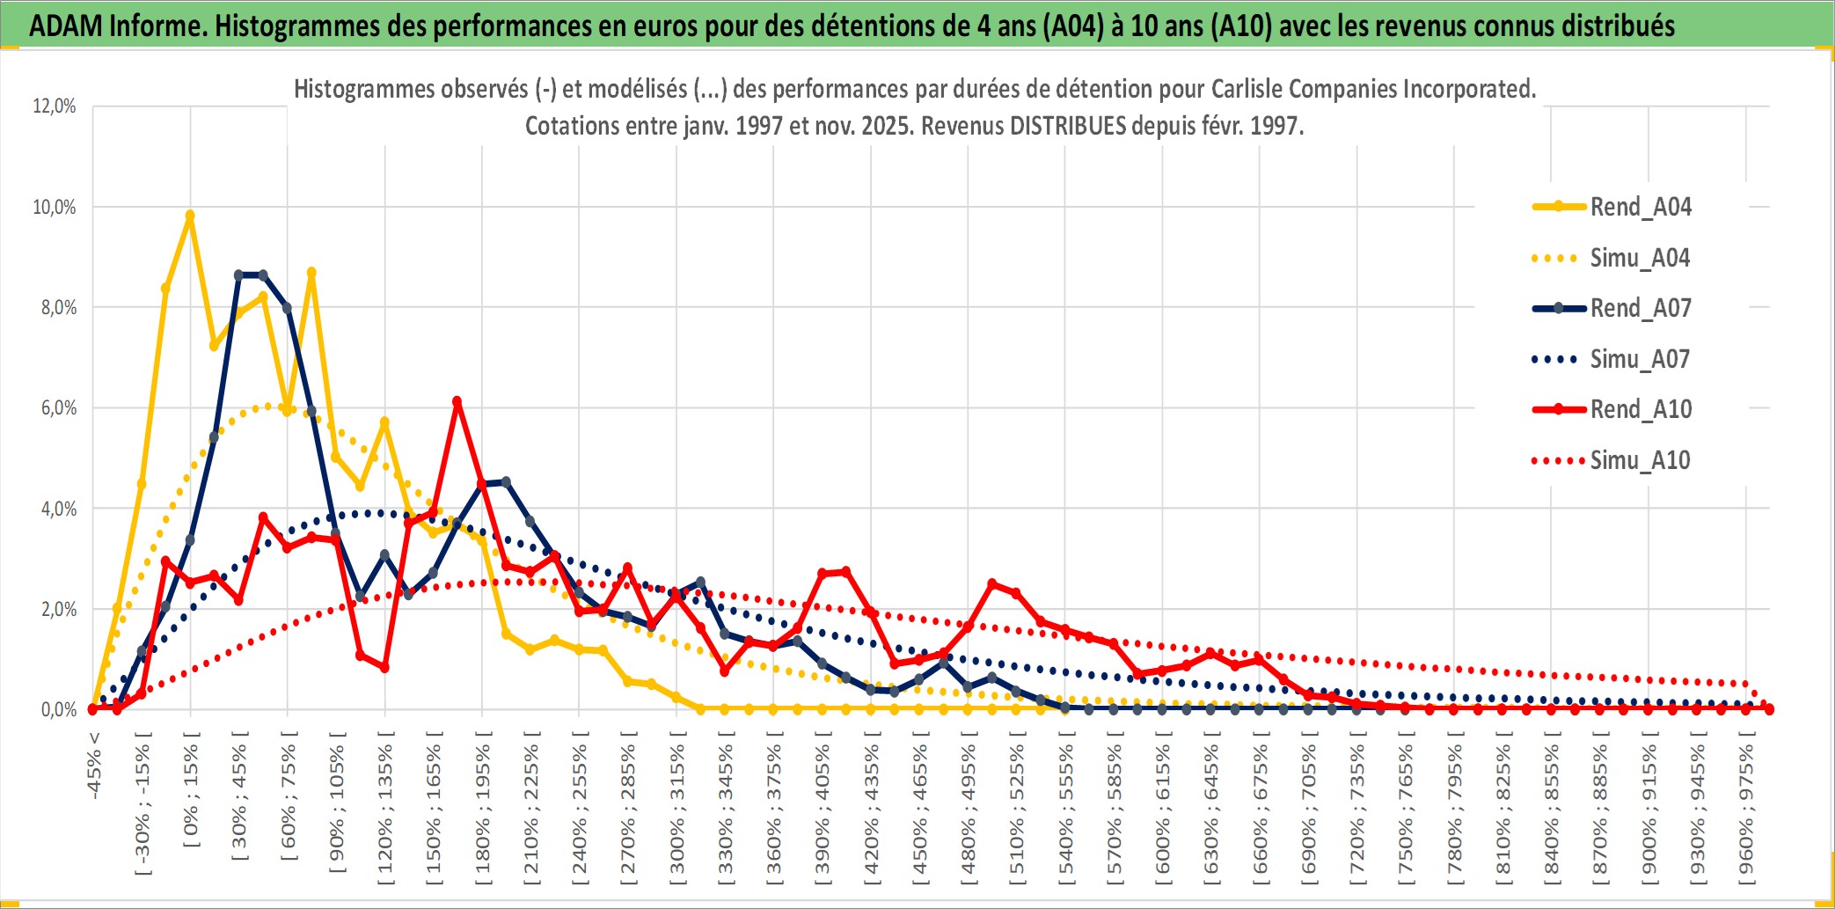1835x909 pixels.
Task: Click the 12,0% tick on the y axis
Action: [55, 106]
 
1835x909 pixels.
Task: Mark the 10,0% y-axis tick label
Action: [55, 208]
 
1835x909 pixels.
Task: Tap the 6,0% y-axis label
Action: [58, 408]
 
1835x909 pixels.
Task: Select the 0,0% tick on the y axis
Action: [58, 710]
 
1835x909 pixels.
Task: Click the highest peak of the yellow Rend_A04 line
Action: [190, 215]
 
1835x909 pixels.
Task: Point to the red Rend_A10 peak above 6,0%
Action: [457, 402]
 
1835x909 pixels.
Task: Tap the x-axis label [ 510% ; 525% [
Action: [1017, 810]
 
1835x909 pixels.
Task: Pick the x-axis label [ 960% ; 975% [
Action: [1745, 810]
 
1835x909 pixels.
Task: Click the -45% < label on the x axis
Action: [94, 766]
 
